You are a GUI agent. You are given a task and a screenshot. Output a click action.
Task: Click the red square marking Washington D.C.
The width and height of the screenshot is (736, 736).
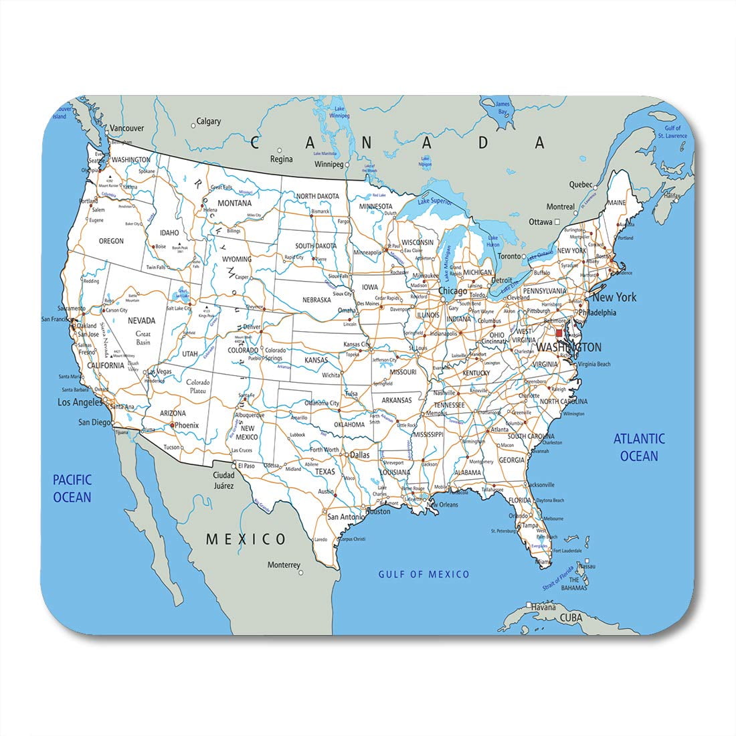click(559, 333)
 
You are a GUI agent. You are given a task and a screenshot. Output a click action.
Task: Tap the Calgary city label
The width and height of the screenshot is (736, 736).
click(208, 122)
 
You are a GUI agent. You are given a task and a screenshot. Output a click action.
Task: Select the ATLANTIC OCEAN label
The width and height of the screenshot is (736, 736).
click(639, 447)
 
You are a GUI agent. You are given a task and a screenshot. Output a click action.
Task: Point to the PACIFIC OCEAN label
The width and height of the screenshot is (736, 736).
click(72, 488)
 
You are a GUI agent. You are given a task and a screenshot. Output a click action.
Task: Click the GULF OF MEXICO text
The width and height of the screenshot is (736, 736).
click(424, 574)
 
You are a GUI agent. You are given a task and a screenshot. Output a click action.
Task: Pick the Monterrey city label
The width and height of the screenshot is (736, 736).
click(284, 565)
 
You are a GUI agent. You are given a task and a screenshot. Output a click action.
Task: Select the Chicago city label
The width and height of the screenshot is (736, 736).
click(453, 291)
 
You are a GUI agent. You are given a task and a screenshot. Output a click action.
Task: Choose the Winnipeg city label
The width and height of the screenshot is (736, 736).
click(329, 164)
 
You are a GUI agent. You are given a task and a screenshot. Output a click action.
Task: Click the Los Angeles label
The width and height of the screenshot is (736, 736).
click(80, 402)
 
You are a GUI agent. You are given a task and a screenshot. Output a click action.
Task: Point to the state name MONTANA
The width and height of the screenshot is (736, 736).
click(235, 203)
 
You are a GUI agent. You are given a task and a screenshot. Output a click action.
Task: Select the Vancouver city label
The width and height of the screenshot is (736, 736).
click(126, 128)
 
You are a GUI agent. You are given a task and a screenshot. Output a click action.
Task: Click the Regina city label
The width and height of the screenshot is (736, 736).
click(281, 159)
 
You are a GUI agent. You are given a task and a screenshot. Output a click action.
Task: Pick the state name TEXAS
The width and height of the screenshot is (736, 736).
click(325, 472)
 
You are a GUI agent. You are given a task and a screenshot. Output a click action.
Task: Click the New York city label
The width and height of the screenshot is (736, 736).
click(614, 297)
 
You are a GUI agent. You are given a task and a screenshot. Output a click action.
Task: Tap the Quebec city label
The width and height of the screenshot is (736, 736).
click(581, 184)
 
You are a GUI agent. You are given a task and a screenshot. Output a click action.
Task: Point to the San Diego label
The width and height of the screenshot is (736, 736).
click(94, 422)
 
